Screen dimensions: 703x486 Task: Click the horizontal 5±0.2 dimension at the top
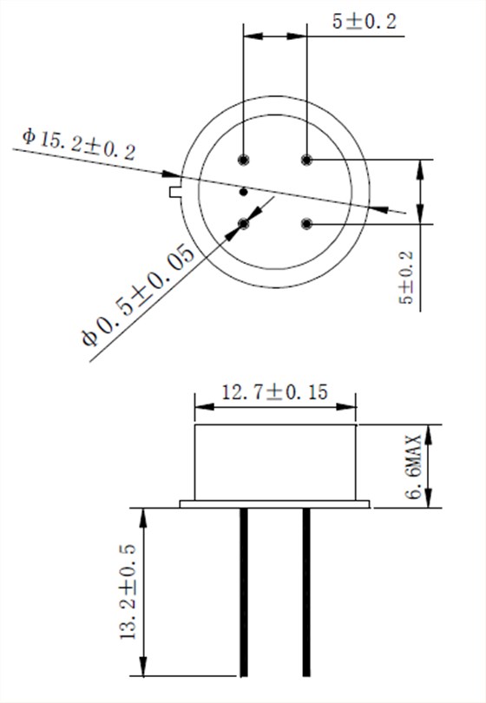click(364, 23)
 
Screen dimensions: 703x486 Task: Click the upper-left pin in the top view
click(244, 159)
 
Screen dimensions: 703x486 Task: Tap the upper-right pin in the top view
click(305, 159)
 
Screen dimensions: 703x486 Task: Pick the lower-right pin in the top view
click(305, 224)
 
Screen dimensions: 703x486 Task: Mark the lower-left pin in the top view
click(244, 224)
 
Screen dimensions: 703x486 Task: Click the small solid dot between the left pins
click(244, 191)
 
